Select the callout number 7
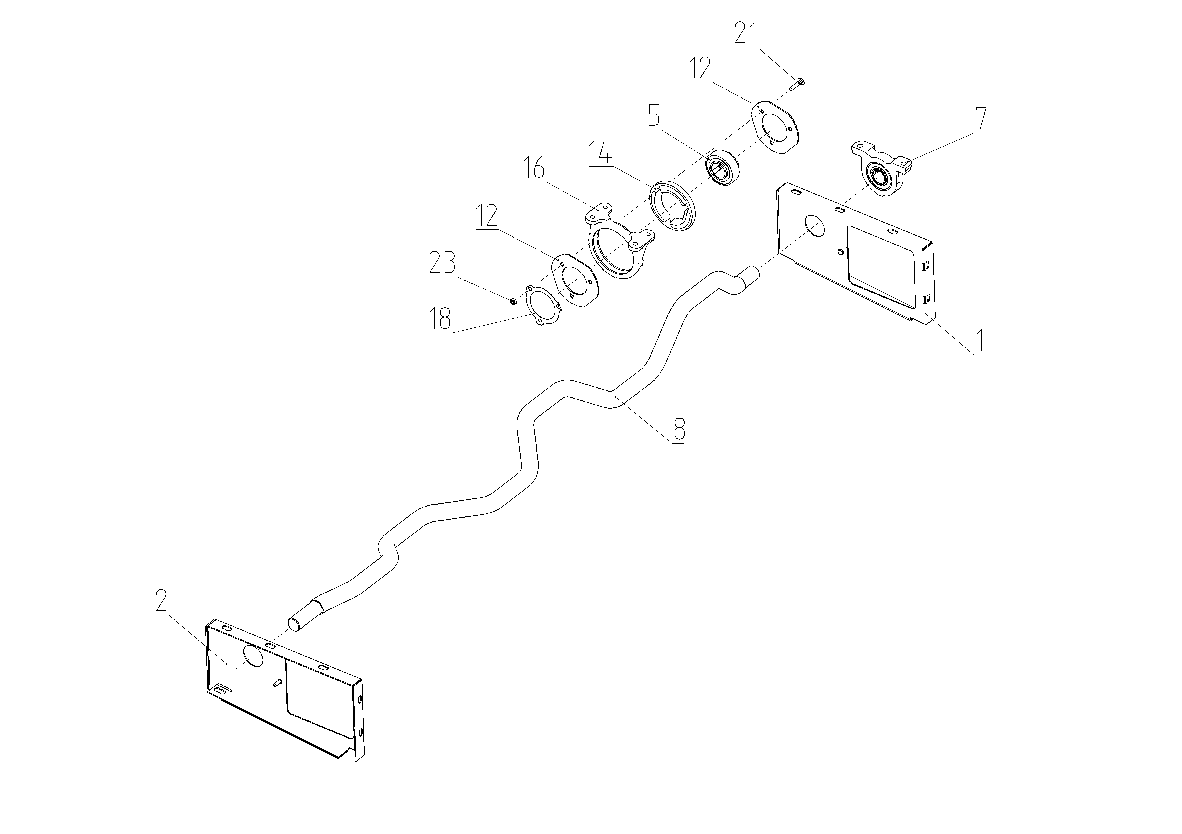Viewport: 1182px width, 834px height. [x=981, y=119]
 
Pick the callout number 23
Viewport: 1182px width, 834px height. [x=442, y=264]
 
